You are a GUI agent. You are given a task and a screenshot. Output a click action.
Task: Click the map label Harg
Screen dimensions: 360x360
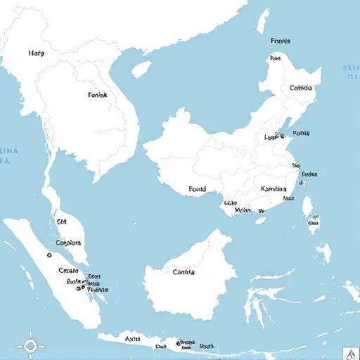[36, 53]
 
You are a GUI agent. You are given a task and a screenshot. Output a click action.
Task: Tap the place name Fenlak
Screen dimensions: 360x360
[98, 94]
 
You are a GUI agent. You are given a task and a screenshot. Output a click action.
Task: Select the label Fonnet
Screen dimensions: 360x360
[280, 41]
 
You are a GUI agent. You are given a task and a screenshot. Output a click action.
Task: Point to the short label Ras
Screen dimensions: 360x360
[276, 59]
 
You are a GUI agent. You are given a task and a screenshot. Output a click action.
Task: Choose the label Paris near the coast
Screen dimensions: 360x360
[300, 132]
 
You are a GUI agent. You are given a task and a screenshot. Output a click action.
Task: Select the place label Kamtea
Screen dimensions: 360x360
[274, 188]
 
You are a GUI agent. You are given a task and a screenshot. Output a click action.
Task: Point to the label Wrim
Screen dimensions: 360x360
[243, 209]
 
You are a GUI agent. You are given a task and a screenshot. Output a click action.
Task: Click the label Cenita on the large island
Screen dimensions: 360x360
[184, 272]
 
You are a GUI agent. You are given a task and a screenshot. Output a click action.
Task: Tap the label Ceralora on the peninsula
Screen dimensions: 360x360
[70, 243]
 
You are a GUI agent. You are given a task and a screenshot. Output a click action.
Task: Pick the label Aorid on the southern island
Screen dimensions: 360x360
[132, 339]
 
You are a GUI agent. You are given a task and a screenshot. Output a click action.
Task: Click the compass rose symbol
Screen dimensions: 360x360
[30, 345]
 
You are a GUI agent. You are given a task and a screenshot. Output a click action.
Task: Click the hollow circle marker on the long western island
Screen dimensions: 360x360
[49, 255]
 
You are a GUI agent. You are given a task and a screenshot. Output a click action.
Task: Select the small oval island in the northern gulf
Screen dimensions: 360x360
[141, 68]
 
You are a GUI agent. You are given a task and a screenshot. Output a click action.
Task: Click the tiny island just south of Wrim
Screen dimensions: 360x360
[260, 220]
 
